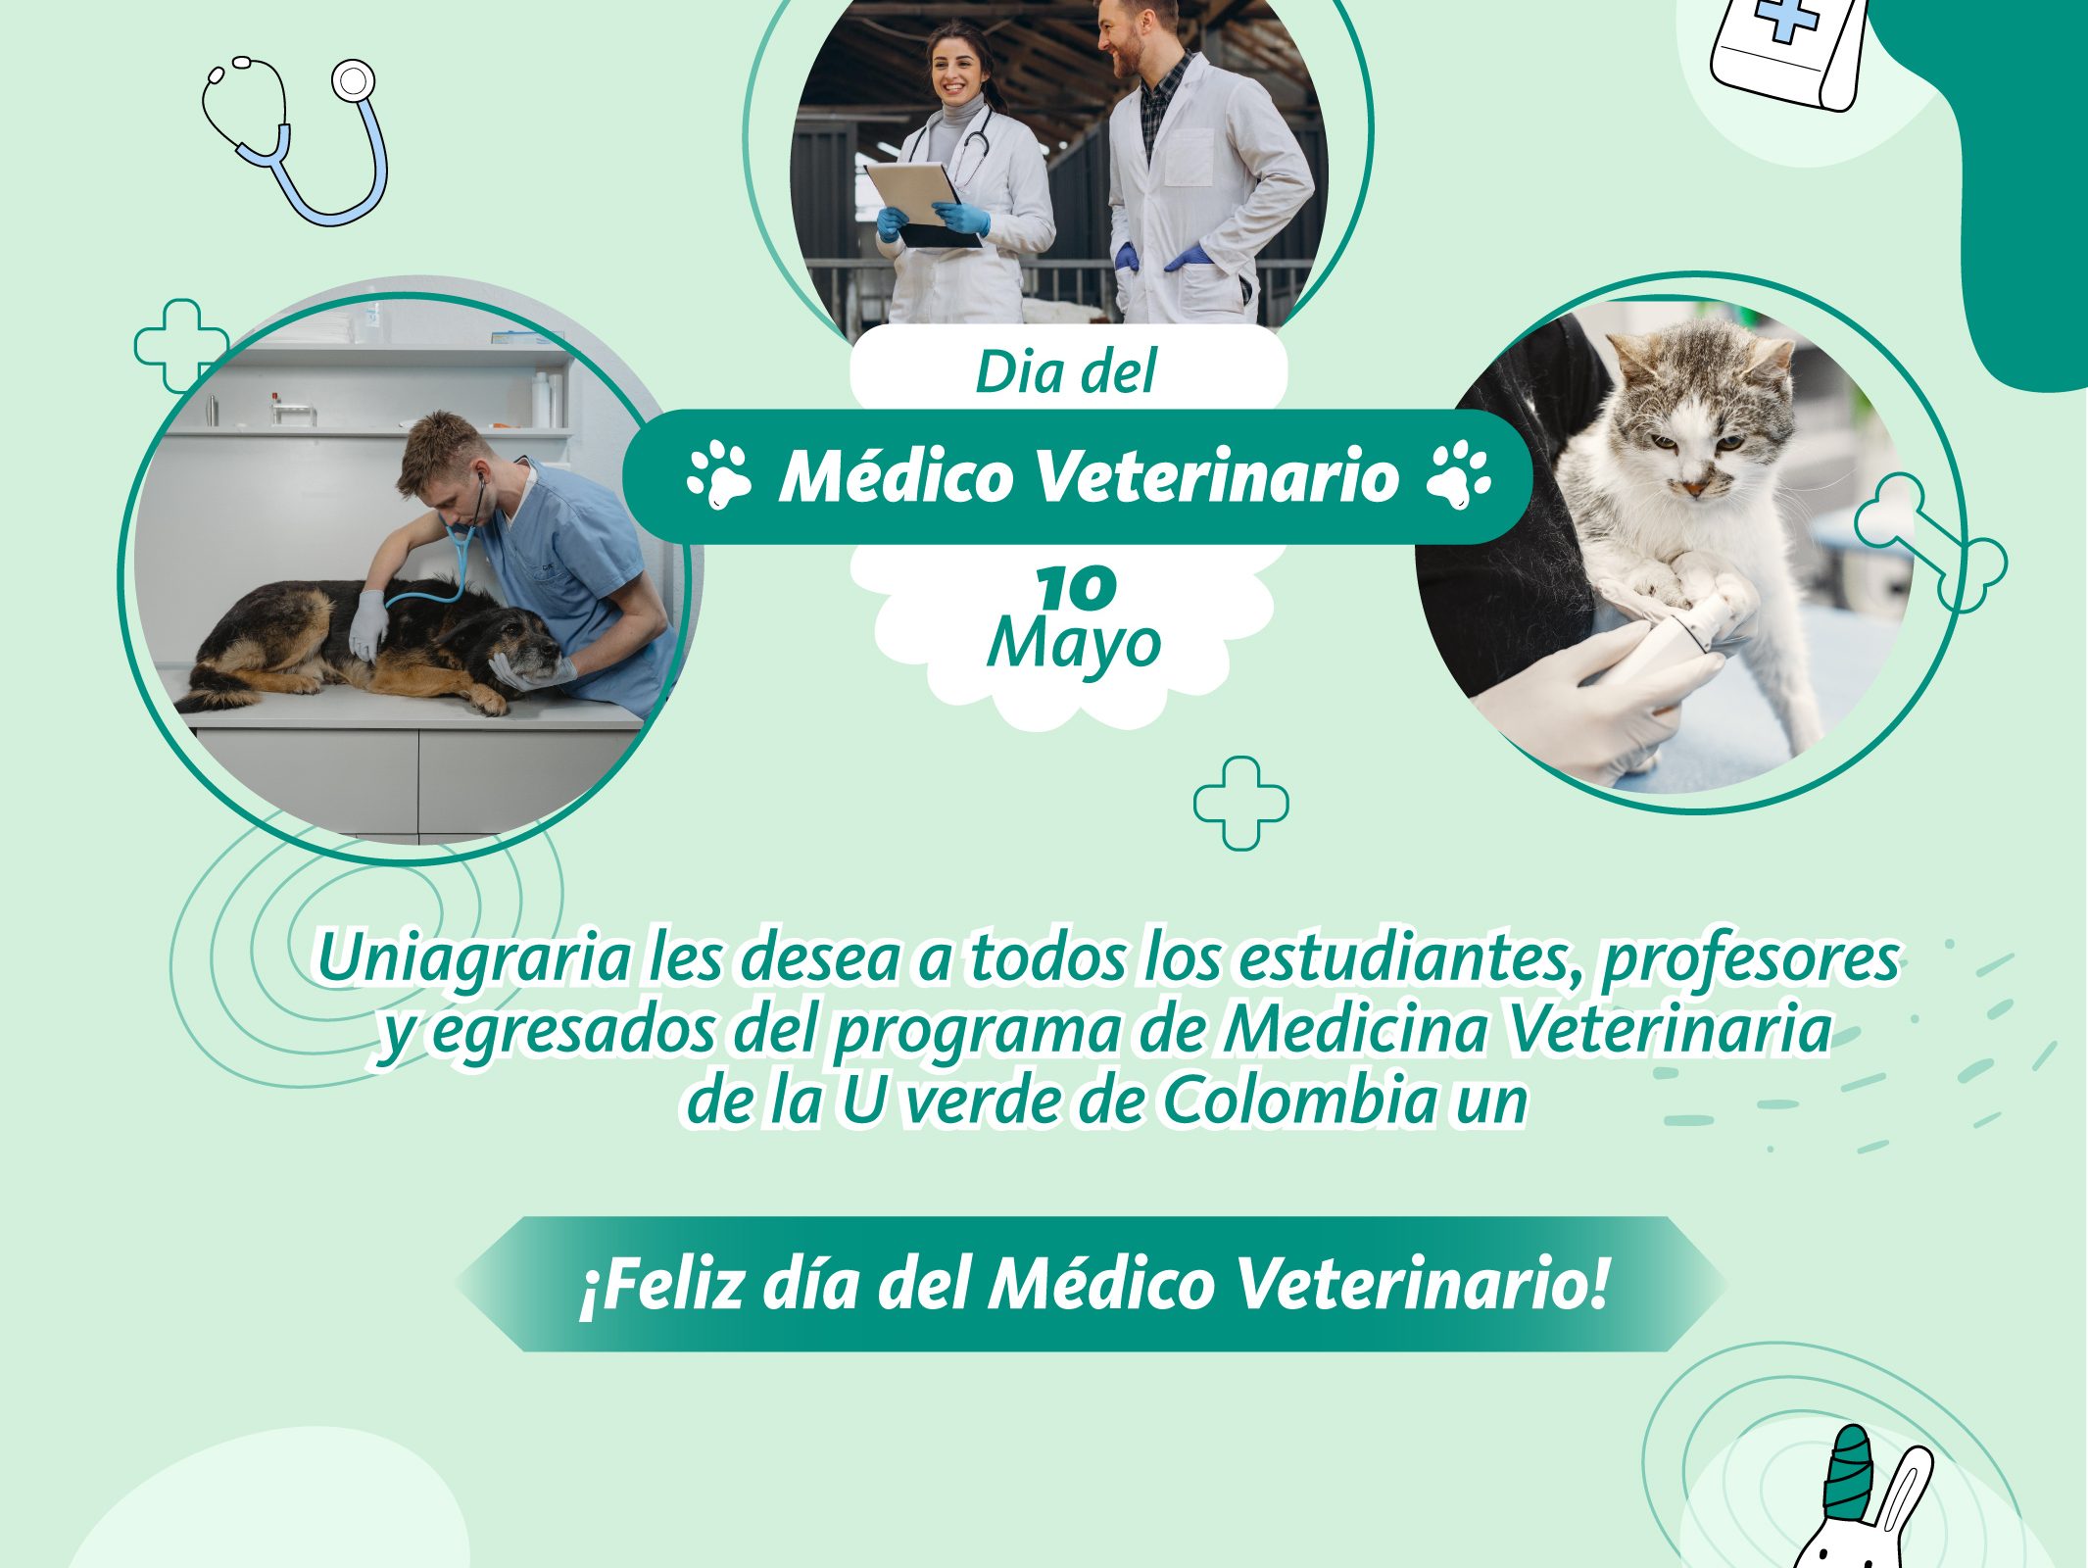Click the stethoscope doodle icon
pyautogui.click(x=294, y=137)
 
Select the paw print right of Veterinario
pyautogui.click(x=1459, y=475)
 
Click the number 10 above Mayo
pyautogui.click(x=1076, y=587)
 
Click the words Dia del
pyautogui.click(x=1066, y=371)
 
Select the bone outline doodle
pyautogui.click(x=1930, y=543)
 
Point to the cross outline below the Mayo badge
pyautogui.click(x=1240, y=803)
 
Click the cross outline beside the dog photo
pyautogui.click(x=181, y=346)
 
